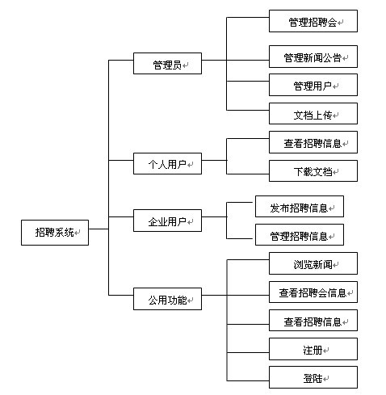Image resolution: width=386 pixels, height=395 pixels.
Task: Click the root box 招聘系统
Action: point(54,233)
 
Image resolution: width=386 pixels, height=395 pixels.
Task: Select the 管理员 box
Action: point(167,63)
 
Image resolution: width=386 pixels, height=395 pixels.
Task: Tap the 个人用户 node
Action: point(167,165)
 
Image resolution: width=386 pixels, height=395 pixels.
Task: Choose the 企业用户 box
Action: point(167,220)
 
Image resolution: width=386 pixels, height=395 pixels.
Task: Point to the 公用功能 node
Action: point(167,300)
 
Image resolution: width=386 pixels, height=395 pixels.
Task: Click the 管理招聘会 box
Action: point(313,22)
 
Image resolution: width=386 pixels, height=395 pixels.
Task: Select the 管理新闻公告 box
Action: point(313,57)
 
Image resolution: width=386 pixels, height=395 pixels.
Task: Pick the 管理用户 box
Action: point(313,85)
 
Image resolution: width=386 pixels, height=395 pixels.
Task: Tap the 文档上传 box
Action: point(313,114)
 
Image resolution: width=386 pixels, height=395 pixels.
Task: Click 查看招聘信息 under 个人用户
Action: point(313,143)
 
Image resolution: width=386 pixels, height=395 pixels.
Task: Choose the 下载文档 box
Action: point(313,171)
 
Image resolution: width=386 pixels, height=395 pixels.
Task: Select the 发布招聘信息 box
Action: point(300,208)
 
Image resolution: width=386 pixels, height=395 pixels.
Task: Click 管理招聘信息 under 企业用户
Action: point(300,236)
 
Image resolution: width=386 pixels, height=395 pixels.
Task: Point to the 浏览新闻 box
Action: point(313,264)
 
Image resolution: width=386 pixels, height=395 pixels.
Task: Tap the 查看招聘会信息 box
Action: point(313,292)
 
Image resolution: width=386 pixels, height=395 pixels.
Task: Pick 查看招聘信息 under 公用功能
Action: point(313,321)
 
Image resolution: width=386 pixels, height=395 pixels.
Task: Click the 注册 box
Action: point(313,349)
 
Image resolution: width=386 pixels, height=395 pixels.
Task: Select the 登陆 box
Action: point(313,376)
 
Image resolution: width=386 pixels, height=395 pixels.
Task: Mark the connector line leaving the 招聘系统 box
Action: point(98,231)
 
